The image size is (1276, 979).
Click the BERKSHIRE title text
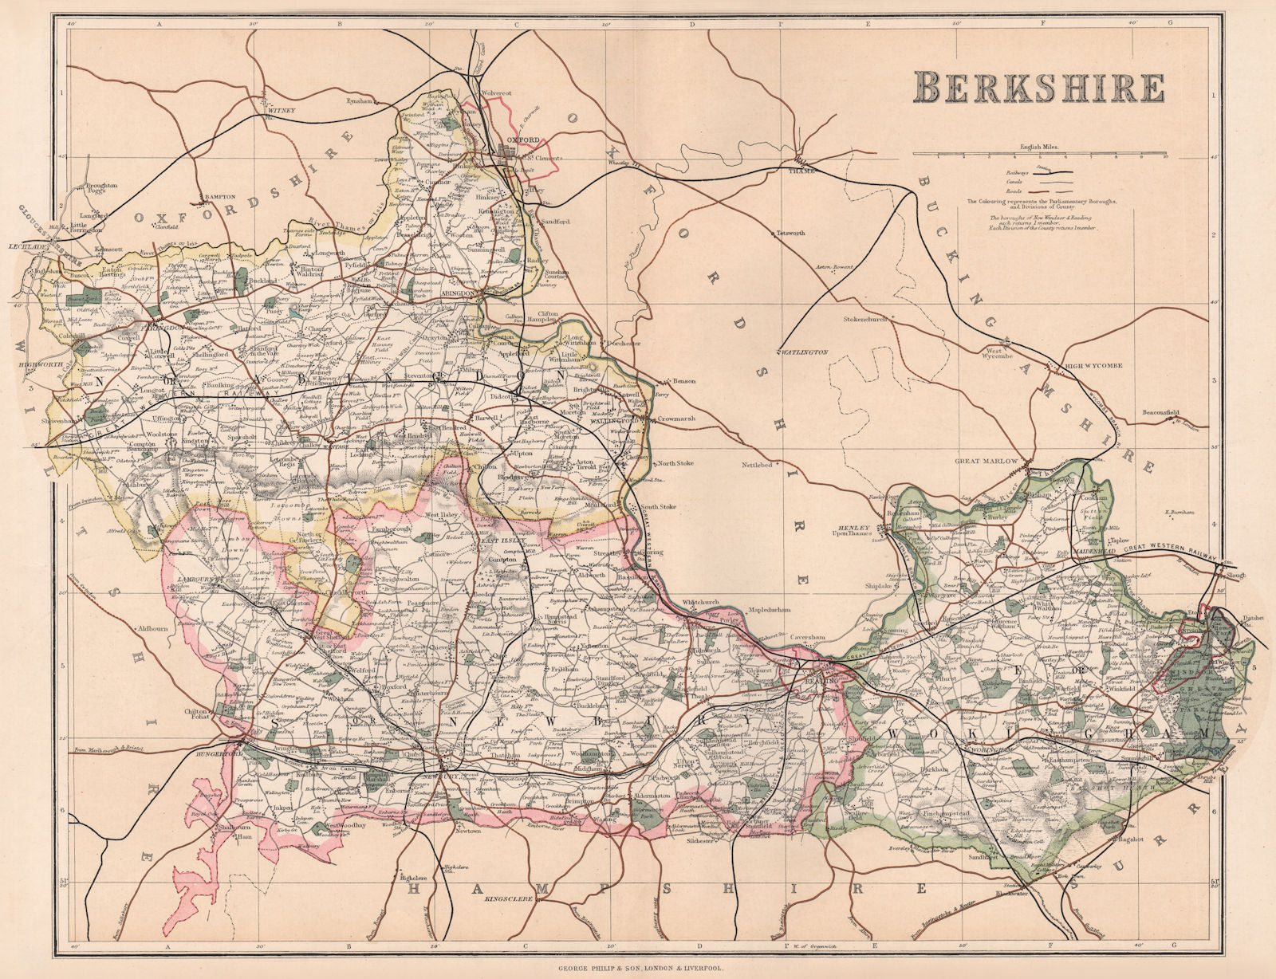tap(1038, 87)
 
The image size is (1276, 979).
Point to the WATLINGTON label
tap(802, 352)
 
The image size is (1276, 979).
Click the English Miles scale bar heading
tap(1038, 147)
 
